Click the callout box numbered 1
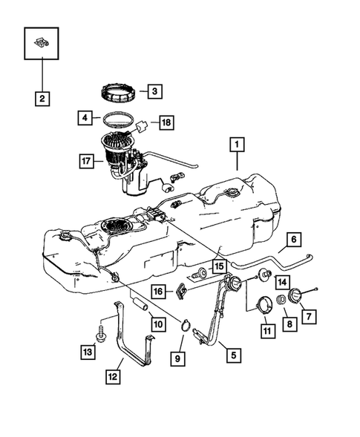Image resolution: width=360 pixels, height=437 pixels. [x=237, y=145]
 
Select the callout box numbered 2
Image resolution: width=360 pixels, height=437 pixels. [x=42, y=99]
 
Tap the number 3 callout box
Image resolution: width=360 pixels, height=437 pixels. [x=155, y=91]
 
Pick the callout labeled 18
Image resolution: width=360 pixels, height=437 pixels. [x=166, y=122]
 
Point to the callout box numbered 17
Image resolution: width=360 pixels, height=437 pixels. [x=86, y=161]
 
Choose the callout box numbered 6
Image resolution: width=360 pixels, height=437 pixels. [x=294, y=240]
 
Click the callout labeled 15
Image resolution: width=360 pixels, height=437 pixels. [x=220, y=266]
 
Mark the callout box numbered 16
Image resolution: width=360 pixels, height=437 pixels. [x=158, y=292]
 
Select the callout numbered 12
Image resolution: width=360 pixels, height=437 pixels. [x=113, y=377]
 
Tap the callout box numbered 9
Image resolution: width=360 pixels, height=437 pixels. [x=177, y=358]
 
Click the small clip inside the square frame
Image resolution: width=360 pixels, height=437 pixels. [x=42, y=42]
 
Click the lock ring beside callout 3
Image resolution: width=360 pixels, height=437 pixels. [x=119, y=93]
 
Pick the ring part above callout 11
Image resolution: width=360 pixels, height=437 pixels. [x=264, y=305]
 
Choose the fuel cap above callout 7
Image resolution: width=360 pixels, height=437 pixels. [x=295, y=296]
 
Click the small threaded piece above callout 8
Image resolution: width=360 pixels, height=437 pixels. [x=281, y=300]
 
